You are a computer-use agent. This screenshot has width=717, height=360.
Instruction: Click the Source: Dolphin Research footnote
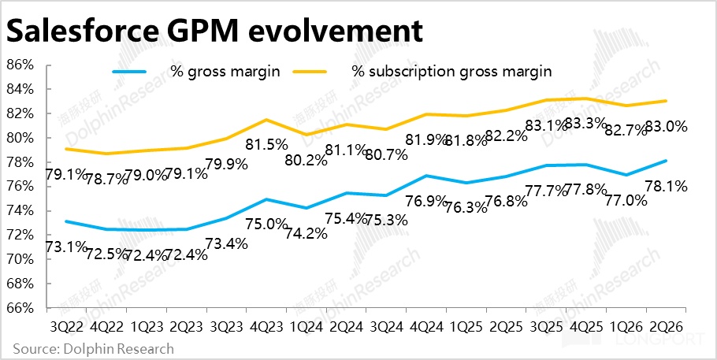(93, 348)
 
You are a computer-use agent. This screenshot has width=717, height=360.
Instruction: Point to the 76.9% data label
(425, 202)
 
